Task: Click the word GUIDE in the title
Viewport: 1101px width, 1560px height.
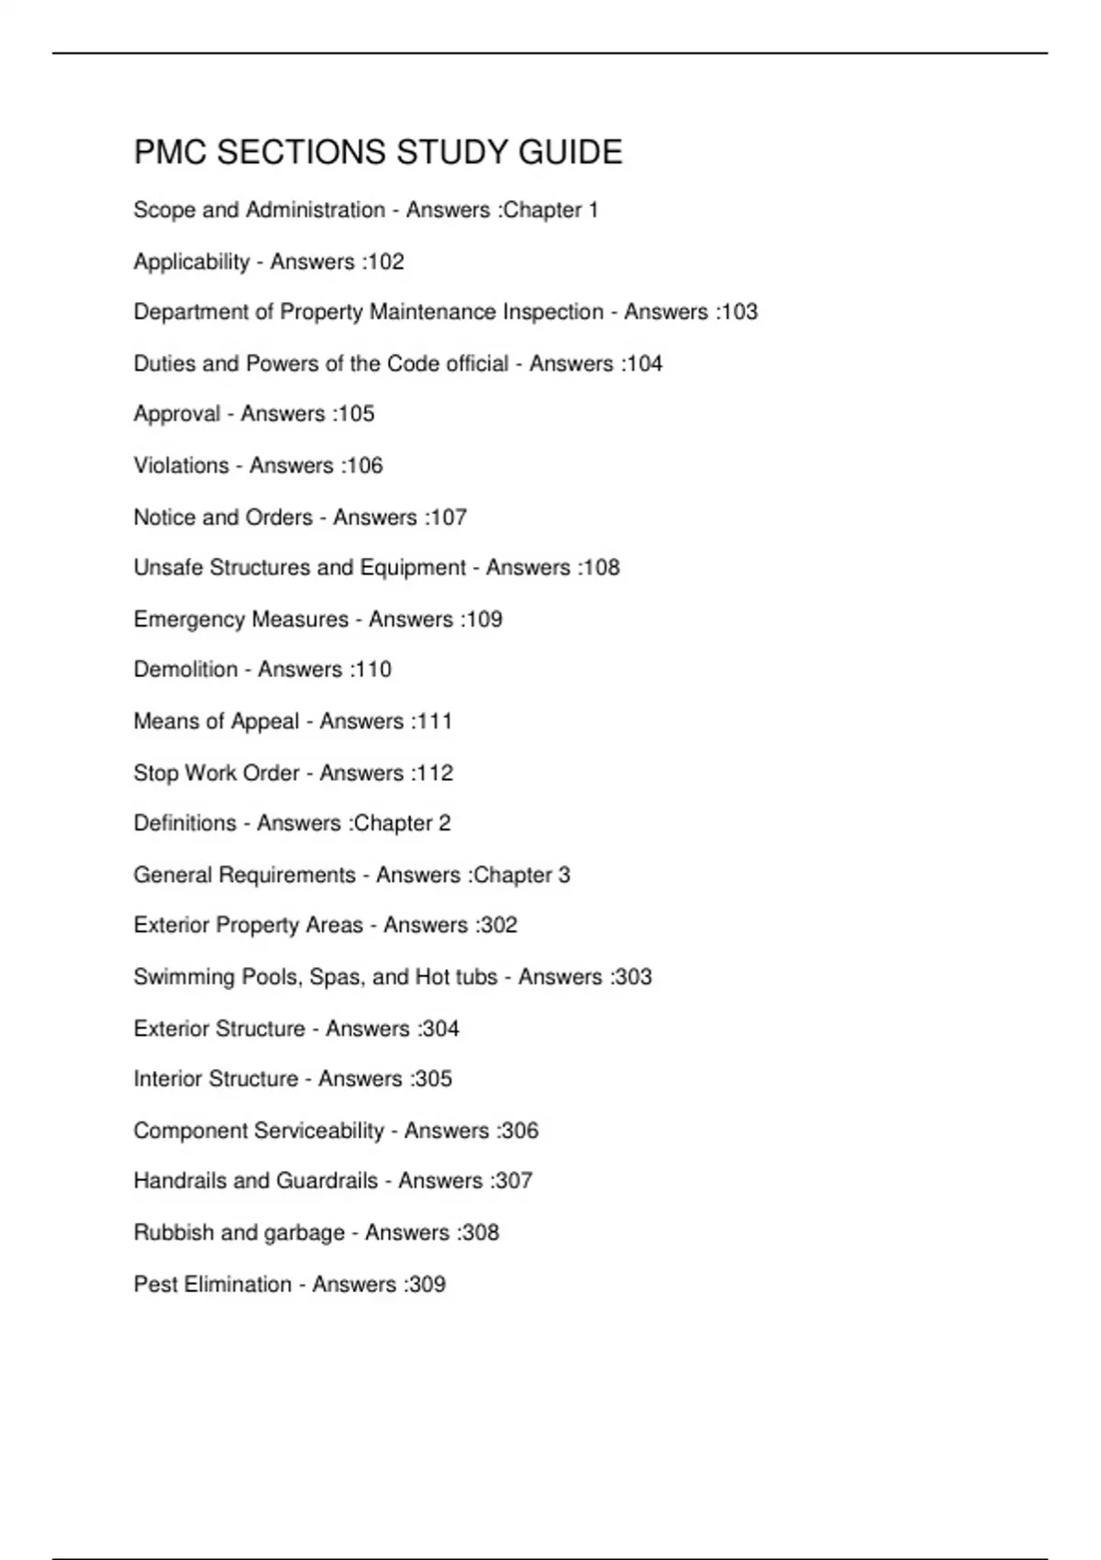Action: pyautogui.click(x=570, y=152)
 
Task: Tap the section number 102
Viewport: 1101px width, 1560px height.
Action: pyautogui.click(x=385, y=262)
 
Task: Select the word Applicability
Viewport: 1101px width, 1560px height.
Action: pyautogui.click(x=191, y=262)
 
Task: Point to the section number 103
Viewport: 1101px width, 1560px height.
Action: pyautogui.click(x=740, y=312)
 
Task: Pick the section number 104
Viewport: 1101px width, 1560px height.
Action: pyautogui.click(x=644, y=363)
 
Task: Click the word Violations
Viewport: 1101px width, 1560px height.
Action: pyautogui.click(x=181, y=465)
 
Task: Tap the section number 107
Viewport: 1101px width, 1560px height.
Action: pyautogui.click(x=449, y=518)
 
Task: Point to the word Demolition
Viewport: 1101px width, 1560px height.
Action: pyautogui.click(x=185, y=670)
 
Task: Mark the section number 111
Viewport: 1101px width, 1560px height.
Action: pyautogui.click(x=434, y=721)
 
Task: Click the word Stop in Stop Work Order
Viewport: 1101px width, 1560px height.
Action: pyautogui.click(x=156, y=773)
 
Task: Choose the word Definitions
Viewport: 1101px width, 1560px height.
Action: pyautogui.click(x=184, y=823)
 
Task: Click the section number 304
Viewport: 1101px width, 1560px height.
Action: pyautogui.click(x=440, y=1029)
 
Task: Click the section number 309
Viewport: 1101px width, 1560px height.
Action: pyautogui.click(x=427, y=1284)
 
